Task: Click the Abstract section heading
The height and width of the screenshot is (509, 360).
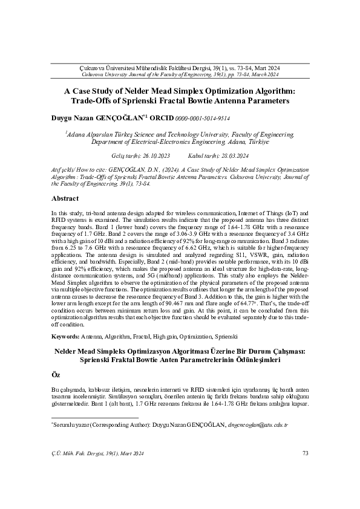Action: (x=65, y=198)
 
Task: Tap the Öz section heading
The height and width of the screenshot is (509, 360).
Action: (x=56, y=375)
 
